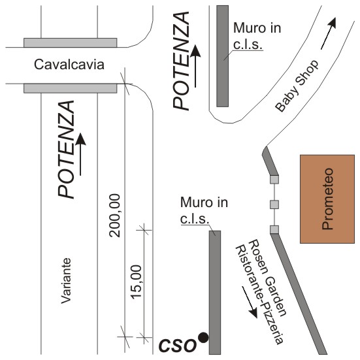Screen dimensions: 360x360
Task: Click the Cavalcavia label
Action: point(69,65)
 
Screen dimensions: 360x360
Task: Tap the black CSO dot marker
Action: point(203,338)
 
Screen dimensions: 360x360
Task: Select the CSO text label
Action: point(178,346)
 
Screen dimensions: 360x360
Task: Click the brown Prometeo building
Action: point(327,199)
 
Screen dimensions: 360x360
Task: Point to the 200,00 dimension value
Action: point(115,216)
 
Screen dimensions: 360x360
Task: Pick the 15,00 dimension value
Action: point(137,282)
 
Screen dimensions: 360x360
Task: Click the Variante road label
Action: point(66,280)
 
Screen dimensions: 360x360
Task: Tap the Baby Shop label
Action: point(297,86)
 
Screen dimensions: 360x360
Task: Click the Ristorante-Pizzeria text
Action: point(259,295)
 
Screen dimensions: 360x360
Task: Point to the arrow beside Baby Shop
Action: point(329,33)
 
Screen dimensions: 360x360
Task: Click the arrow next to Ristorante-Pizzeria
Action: point(250,302)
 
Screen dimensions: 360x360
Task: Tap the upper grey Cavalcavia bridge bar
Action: point(71,42)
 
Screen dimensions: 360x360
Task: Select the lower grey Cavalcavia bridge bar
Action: point(71,88)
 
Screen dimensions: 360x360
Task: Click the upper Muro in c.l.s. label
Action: point(257,36)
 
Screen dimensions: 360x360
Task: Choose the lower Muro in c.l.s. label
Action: point(204,210)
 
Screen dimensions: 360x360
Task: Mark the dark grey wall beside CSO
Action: point(215,293)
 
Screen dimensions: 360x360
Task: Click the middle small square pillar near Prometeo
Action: point(274,205)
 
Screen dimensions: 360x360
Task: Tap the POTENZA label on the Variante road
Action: point(66,149)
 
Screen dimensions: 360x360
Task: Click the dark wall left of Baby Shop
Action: point(223,56)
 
